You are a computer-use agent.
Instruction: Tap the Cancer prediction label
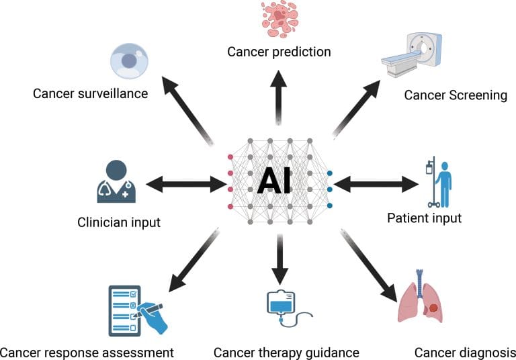(278, 52)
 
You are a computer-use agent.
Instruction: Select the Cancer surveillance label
(90, 93)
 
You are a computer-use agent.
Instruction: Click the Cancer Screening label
(455, 95)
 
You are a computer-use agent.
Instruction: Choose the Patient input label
(424, 218)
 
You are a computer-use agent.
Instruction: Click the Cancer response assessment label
(87, 352)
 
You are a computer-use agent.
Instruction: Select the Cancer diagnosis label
(464, 352)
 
